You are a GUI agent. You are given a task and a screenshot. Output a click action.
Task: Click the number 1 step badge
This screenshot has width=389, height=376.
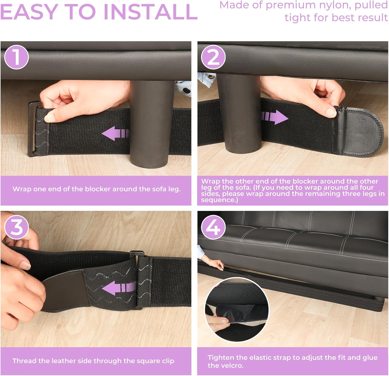point(16,57)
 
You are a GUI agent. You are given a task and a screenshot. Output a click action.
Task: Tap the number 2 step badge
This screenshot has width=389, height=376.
point(213,57)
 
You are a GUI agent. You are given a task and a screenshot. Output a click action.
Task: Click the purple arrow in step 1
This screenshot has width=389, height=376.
point(115,134)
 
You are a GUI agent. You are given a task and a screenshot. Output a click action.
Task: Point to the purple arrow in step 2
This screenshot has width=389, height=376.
point(275,117)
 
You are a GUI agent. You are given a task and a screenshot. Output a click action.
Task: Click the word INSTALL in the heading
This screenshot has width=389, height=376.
point(151,12)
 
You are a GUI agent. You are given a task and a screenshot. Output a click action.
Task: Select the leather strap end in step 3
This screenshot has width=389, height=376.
point(65,290)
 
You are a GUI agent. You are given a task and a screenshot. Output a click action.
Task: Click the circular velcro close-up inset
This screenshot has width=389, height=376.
point(237,309)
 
